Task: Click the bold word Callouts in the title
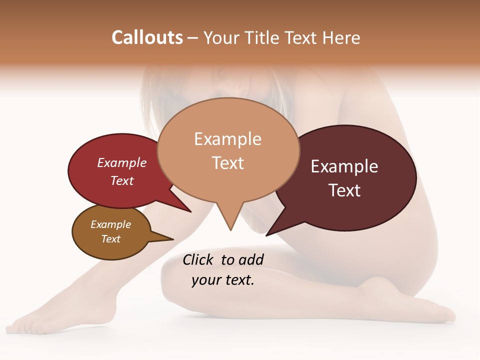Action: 147,37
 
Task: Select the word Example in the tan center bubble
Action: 227,139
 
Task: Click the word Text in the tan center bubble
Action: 227,163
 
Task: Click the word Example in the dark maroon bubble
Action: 344,166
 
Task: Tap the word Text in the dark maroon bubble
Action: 344,190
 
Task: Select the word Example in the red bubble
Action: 122,162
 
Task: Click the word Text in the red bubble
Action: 122,180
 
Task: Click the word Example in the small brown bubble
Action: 110,224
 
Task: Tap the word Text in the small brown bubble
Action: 110,239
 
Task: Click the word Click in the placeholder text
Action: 199,259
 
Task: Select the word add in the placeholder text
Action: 250,259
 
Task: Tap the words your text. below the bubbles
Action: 223,280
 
